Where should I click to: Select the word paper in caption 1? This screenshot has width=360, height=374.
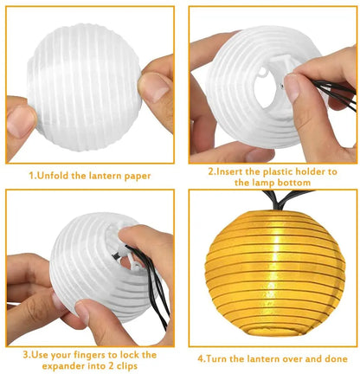[137, 175]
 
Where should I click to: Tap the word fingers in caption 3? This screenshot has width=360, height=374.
[82, 354]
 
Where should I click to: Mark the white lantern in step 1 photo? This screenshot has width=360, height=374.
[83, 87]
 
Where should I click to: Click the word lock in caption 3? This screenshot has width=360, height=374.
[125, 354]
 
